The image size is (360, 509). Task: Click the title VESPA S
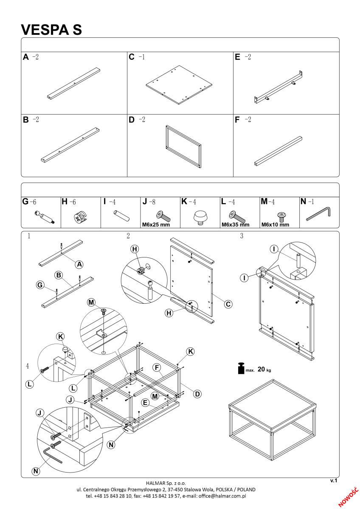click(x=51, y=30)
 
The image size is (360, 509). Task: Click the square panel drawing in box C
click(x=179, y=85)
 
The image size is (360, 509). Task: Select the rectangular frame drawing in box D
click(x=183, y=147)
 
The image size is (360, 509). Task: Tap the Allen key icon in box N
click(x=318, y=214)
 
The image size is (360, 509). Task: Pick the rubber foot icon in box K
click(x=200, y=218)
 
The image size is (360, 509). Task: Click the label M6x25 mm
click(x=156, y=225)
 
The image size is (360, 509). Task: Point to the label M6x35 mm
click(x=235, y=225)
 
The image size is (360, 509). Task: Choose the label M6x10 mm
click(x=275, y=225)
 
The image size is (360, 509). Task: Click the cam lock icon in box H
click(x=81, y=217)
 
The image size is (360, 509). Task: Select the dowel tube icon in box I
click(x=121, y=215)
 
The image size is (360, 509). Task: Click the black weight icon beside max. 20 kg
click(x=241, y=368)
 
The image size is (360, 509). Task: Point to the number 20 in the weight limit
click(x=261, y=369)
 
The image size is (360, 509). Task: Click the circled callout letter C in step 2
click(x=228, y=304)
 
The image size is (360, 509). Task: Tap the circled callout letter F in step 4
click(x=157, y=367)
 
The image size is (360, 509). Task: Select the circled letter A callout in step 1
click(x=79, y=264)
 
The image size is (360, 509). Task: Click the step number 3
click(x=242, y=236)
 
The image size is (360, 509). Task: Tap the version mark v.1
click(x=334, y=480)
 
